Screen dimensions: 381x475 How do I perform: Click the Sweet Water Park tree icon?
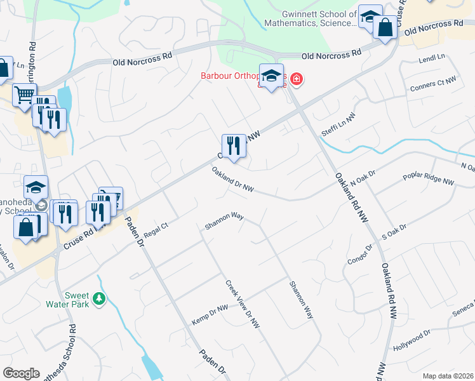[x=98, y=297]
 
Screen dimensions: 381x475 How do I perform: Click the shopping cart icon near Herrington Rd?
[x=24, y=95]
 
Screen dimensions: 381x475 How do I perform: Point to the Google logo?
[x=21, y=373]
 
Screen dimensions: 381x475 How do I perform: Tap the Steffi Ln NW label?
[x=339, y=121]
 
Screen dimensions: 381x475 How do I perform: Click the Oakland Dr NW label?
[x=233, y=180]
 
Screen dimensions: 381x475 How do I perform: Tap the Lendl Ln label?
[x=432, y=58]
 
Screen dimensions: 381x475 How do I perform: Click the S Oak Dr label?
[x=394, y=230]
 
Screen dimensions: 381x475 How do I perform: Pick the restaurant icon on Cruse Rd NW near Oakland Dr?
[x=233, y=146]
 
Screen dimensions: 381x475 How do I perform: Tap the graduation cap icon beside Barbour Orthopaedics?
[x=271, y=75]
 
